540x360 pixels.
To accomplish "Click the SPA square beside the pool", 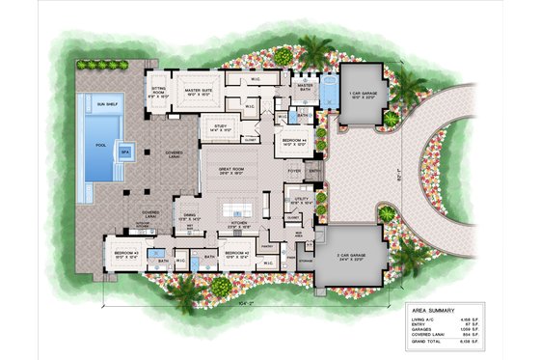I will coord(124,152).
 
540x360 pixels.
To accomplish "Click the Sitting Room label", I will coord(158,91).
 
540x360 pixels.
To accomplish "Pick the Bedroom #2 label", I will coord(237,256).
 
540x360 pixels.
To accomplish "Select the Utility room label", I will coord(298,202).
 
